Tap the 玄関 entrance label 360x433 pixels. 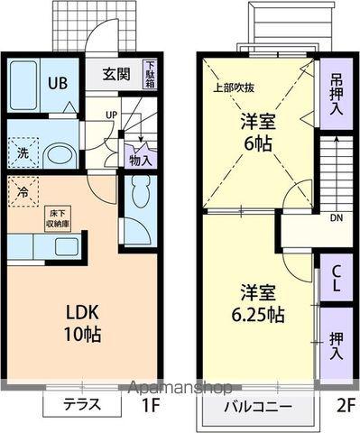click(x=115, y=75)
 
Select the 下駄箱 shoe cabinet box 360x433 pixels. click(x=149, y=74)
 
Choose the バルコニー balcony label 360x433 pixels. click(x=258, y=407)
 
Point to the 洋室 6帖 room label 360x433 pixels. click(x=258, y=134)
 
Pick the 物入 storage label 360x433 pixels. click(x=140, y=160)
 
